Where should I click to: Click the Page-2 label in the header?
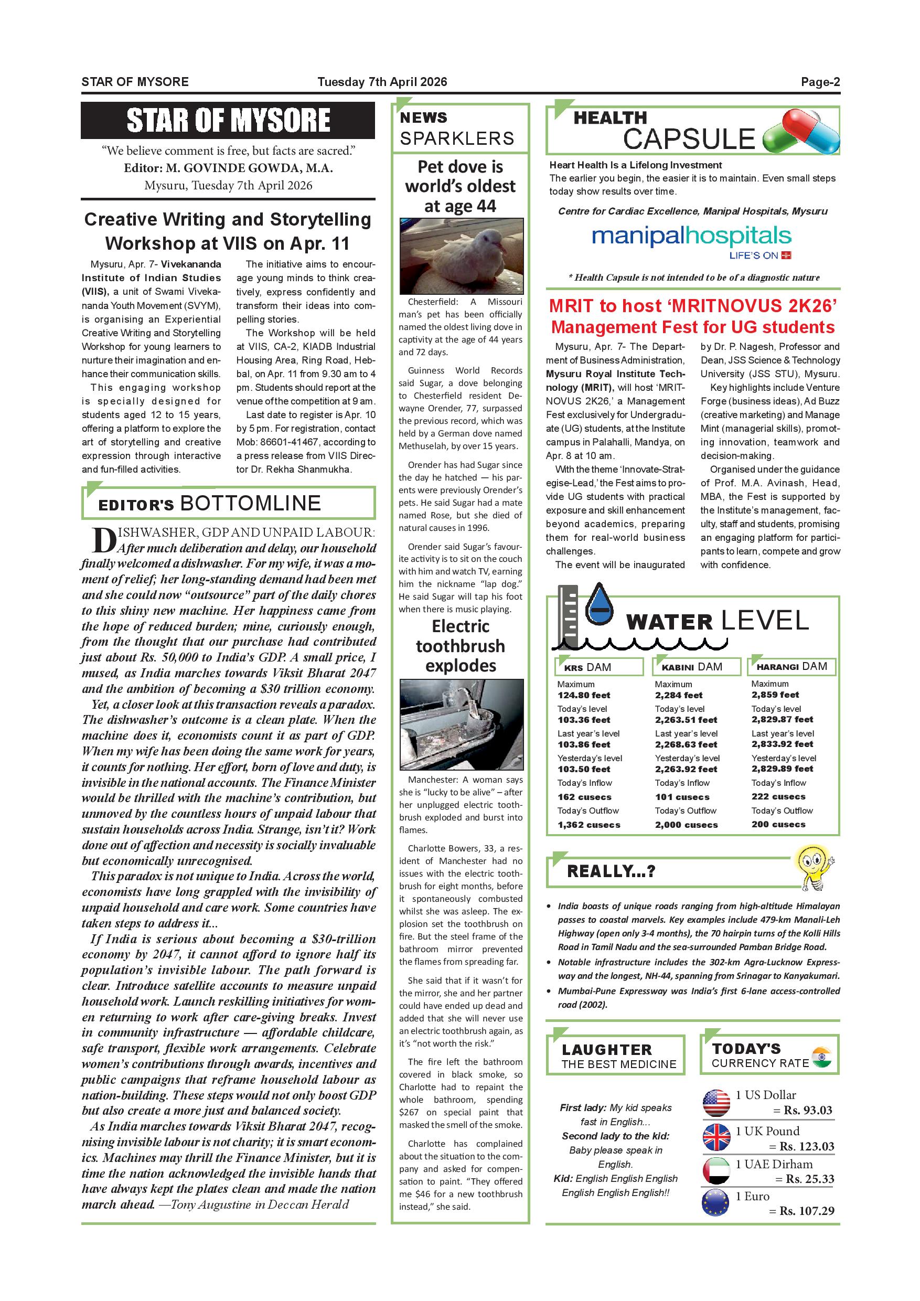tap(820, 82)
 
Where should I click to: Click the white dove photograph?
tap(461, 256)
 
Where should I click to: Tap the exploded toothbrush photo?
tap(461, 724)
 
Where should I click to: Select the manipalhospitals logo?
tap(691, 237)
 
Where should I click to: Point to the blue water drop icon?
tap(600, 605)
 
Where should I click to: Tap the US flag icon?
tap(716, 1103)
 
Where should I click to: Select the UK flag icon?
tap(716, 1137)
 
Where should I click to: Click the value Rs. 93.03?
tap(808, 1110)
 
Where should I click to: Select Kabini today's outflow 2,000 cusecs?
tap(686, 825)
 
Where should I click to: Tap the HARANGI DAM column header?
tap(792, 666)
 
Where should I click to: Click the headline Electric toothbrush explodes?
tap(461, 646)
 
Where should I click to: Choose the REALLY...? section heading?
tap(611, 871)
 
